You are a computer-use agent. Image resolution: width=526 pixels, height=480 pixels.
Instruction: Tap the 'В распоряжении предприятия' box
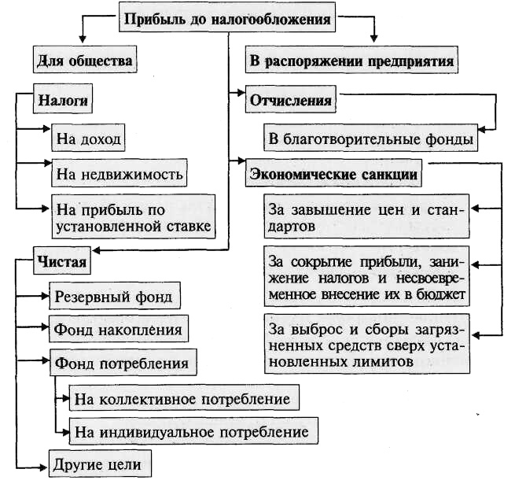point(351,59)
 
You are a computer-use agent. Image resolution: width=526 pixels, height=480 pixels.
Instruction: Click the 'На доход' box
point(89,139)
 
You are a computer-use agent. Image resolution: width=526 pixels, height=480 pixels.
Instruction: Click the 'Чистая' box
point(60,260)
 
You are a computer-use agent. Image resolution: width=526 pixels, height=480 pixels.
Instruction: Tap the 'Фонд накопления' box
point(119,329)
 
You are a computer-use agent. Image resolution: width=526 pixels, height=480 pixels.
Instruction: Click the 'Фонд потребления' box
point(122,364)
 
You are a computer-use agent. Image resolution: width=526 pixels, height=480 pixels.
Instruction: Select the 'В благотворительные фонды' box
point(370,139)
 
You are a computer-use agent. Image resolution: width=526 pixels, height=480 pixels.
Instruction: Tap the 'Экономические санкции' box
point(333,173)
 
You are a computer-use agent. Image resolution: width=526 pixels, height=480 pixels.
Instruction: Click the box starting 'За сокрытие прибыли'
point(366,276)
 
